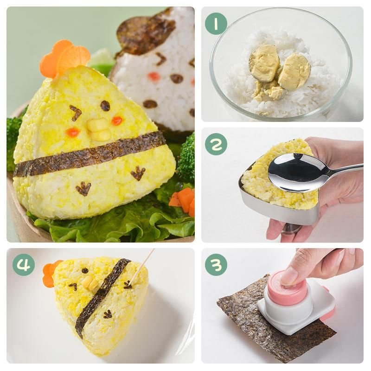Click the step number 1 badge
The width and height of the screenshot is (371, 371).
click(216, 24)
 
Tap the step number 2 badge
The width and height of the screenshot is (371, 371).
click(216, 144)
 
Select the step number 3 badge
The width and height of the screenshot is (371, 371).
click(216, 265)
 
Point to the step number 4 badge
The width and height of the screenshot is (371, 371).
click(24, 265)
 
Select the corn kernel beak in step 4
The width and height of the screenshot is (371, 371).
click(91, 283)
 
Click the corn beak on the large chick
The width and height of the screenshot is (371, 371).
click(99, 129)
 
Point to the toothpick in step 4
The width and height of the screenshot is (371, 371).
click(141, 265)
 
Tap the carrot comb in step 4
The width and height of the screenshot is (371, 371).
click(51, 274)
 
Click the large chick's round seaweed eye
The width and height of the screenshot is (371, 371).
click(105, 106)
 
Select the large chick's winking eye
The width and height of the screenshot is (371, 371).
click(76, 113)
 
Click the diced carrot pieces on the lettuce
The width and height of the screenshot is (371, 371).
click(183, 201)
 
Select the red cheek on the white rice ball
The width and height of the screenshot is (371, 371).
click(153, 77)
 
